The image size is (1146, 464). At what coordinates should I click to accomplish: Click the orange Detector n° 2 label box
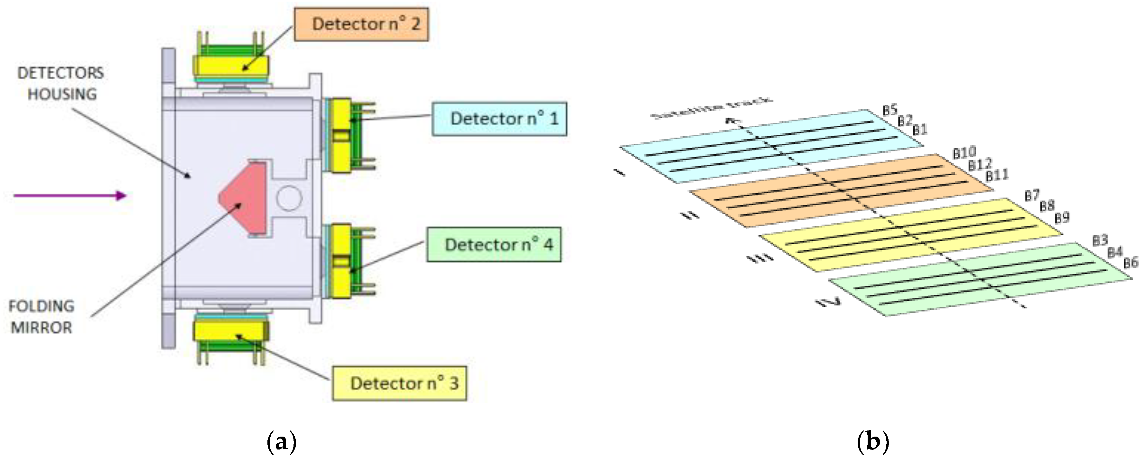click(361, 24)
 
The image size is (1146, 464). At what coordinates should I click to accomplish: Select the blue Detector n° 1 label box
click(499, 119)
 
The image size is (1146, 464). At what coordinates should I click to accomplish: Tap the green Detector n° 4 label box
click(493, 245)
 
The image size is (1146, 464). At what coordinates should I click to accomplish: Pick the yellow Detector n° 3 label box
click(399, 383)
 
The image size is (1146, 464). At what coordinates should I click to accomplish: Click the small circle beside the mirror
click(289, 198)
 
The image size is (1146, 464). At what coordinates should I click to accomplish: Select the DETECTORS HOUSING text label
click(61, 83)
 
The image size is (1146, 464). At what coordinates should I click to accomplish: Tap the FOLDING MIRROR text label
click(42, 317)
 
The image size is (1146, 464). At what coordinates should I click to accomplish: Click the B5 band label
click(890, 110)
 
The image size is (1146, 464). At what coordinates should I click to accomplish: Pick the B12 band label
click(980, 165)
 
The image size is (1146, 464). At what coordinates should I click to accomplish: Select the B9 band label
click(1062, 218)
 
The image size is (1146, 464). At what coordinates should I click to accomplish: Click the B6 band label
click(1131, 263)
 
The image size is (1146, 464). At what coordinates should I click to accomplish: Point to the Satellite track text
click(712, 108)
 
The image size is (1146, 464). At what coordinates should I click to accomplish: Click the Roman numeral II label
click(690, 216)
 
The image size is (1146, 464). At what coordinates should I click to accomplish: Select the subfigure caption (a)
click(281, 442)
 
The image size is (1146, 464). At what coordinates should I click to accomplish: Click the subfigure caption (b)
click(872, 442)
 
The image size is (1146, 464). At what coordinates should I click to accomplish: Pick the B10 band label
click(964, 153)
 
